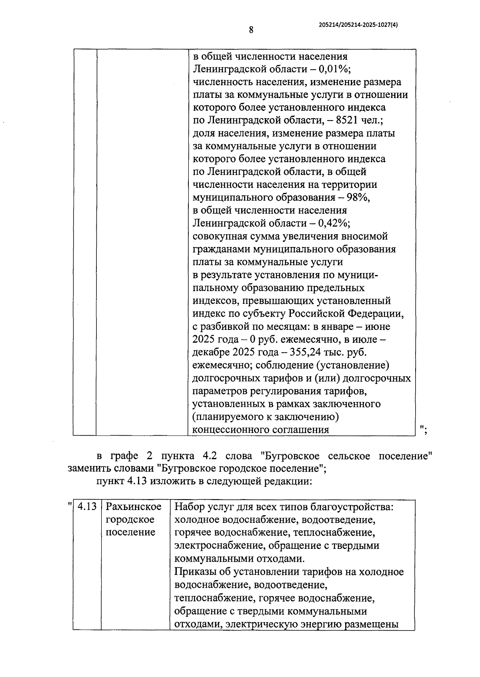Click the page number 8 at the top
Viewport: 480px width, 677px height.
coord(251,30)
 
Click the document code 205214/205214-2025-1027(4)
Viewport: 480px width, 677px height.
coord(358,24)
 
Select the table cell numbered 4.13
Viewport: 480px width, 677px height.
coord(87,506)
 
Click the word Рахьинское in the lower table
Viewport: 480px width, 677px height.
coord(133,506)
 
